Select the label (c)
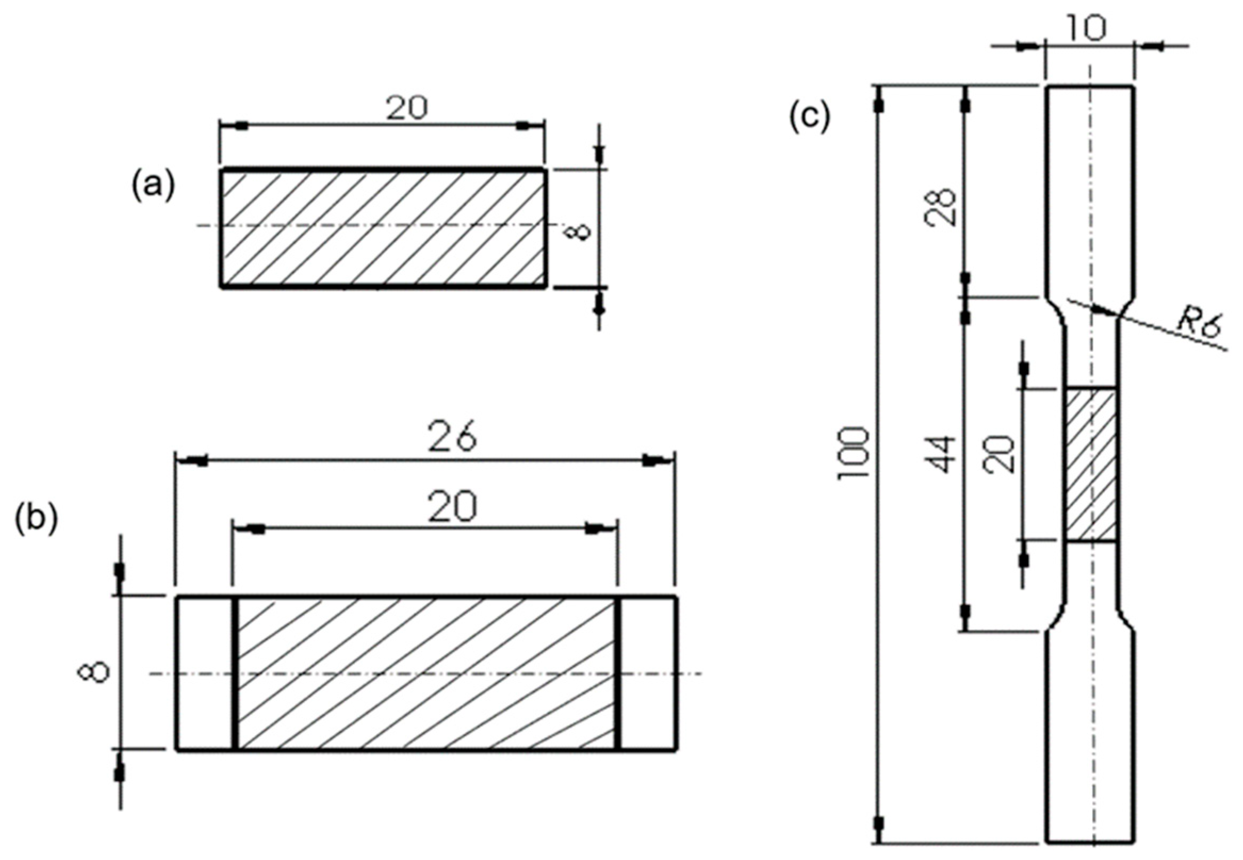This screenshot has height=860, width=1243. click(x=809, y=118)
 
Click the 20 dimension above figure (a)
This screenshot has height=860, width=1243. click(x=406, y=108)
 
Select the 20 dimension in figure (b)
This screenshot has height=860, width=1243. click(x=452, y=507)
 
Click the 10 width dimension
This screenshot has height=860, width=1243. click(x=1088, y=28)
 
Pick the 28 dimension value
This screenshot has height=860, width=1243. click(x=944, y=206)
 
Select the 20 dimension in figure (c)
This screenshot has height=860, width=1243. click(x=1001, y=454)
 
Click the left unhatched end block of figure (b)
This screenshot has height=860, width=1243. click(x=206, y=672)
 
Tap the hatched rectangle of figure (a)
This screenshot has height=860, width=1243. click(x=383, y=228)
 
